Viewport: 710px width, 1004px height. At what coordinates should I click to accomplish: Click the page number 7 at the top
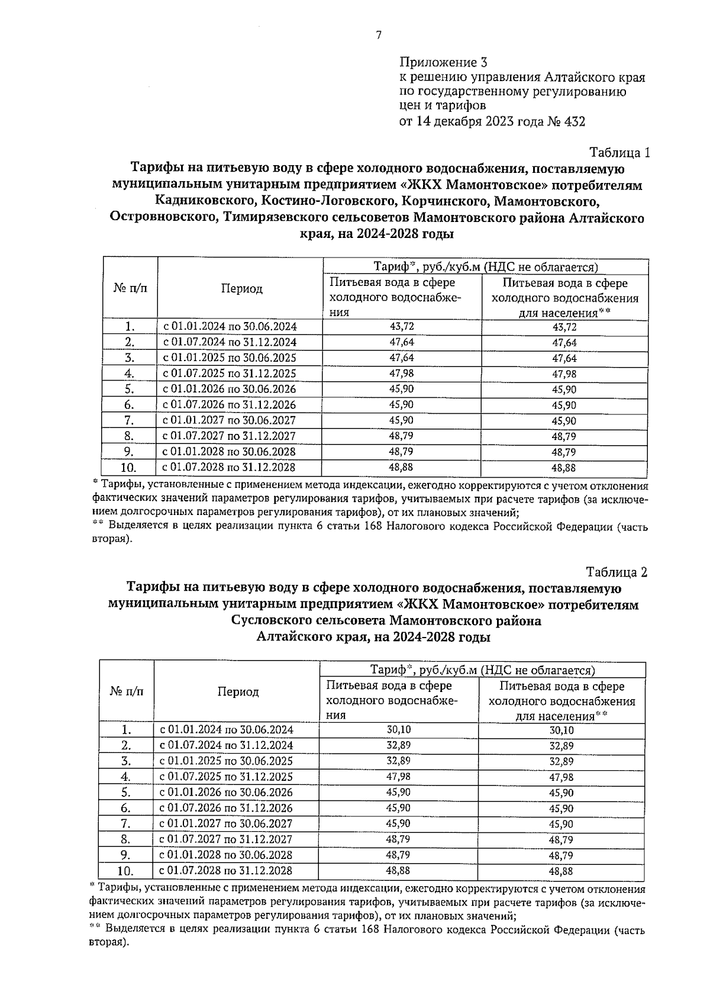(379, 35)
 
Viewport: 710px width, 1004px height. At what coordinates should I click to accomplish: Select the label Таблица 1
(619, 153)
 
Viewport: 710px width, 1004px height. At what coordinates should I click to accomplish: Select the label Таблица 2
(617, 572)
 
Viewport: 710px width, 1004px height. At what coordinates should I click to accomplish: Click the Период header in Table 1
(241, 288)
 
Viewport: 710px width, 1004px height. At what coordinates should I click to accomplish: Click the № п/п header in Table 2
(127, 691)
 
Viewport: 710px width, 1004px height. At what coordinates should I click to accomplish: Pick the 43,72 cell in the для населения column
(564, 327)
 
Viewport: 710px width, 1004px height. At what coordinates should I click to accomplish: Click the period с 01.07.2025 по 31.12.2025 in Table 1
(230, 374)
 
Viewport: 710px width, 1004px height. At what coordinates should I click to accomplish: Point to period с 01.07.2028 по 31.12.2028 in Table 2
(226, 871)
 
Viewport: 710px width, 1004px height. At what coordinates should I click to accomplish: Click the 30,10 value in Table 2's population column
(561, 731)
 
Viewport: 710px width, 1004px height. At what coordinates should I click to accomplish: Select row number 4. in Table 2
(125, 777)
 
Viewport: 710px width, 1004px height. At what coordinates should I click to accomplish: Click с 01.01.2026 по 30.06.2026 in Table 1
(230, 389)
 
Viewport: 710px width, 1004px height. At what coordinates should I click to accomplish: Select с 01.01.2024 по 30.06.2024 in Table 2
(226, 730)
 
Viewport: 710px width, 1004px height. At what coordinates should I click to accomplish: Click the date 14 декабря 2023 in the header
(471, 122)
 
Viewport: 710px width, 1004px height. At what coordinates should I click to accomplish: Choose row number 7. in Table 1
(129, 421)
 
